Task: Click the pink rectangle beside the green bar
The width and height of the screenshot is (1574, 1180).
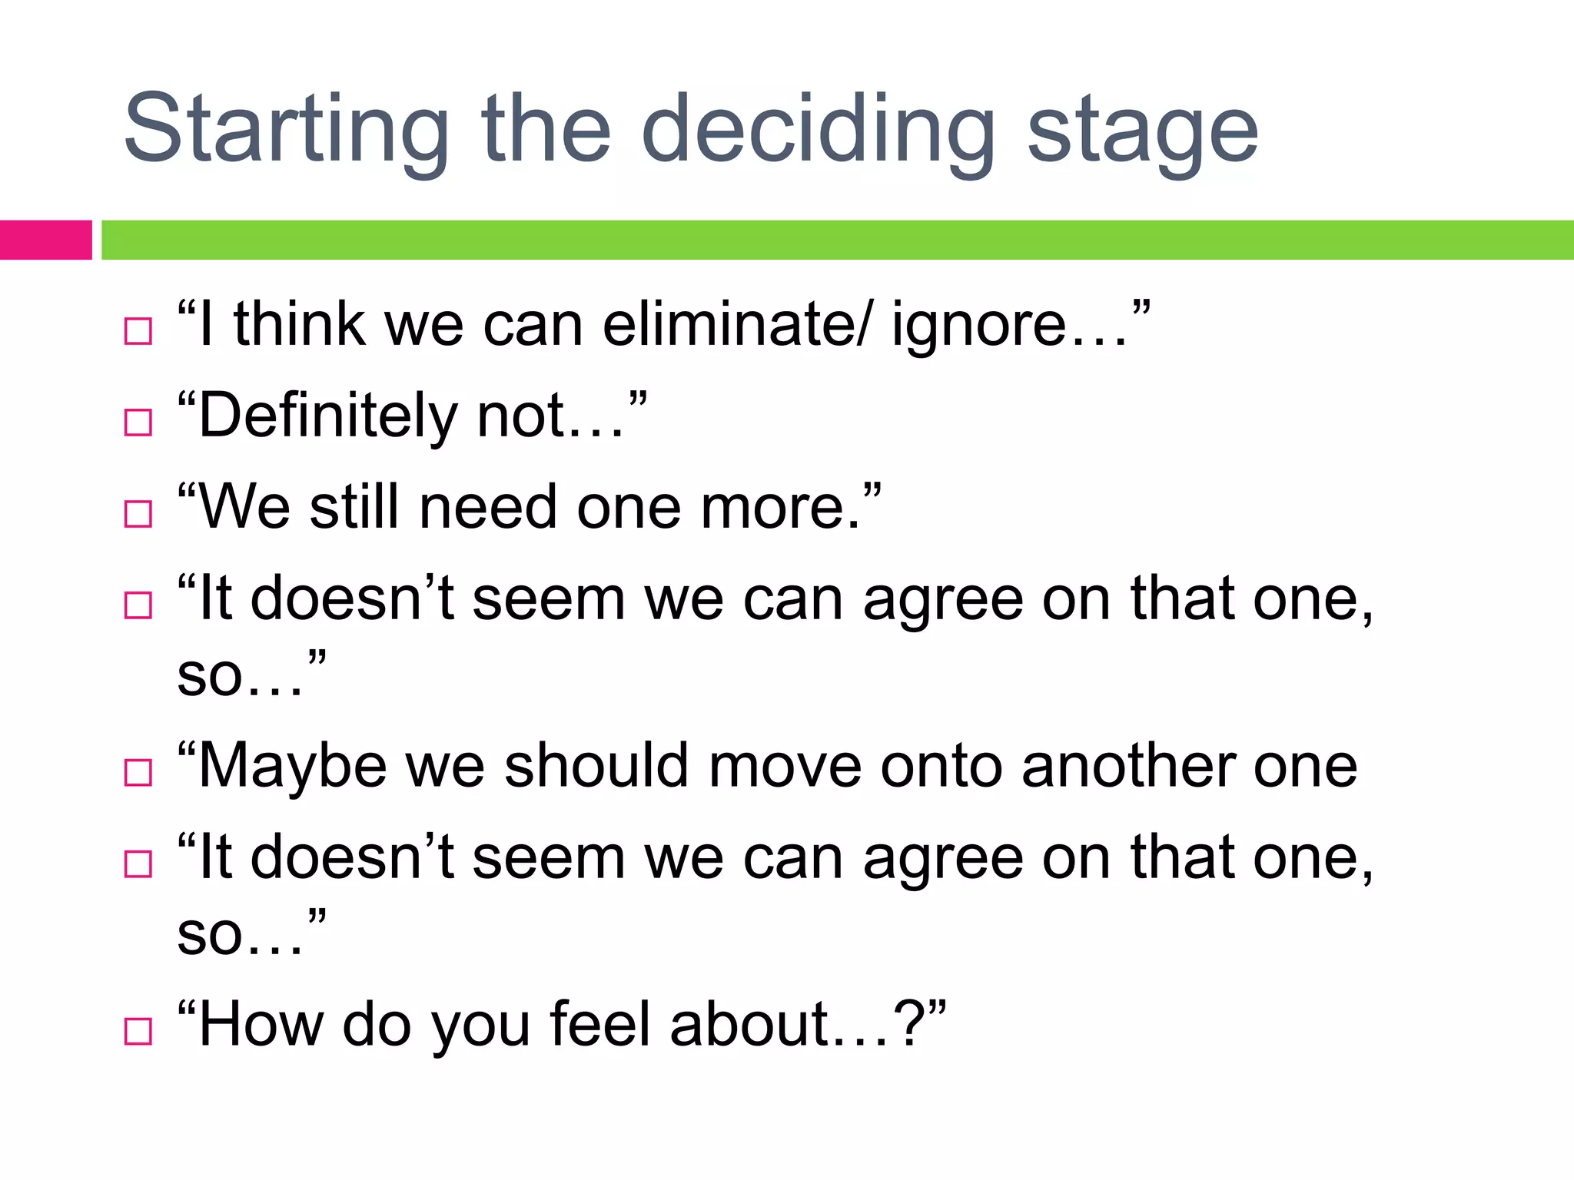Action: coord(45,240)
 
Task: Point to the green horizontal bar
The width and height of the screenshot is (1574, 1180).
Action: coord(838,240)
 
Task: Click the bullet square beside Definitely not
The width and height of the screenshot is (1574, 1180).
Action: coord(138,423)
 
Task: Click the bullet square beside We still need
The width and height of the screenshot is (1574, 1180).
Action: coord(138,514)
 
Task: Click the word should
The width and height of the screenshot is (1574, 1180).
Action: coord(596,766)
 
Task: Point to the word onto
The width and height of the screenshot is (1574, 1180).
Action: coord(941,767)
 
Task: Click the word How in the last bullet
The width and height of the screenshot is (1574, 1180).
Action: coord(261,1024)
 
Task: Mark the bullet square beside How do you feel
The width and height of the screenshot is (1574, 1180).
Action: coord(138,1031)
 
